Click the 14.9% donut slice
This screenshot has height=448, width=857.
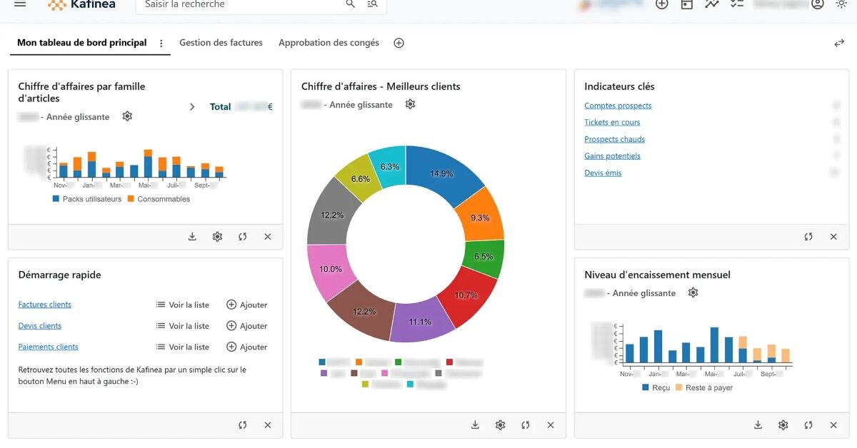pyautogui.click(x=441, y=173)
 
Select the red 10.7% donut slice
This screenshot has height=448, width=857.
pyautogui.click(x=466, y=295)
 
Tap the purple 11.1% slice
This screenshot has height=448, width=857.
pyautogui.click(x=420, y=322)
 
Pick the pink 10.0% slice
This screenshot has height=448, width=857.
pyautogui.click(x=331, y=269)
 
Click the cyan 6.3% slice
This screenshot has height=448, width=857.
pyautogui.click(x=390, y=166)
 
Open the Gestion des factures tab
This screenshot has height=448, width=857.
pyautogui.click(x=221, y=43)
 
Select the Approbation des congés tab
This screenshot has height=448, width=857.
pyautogui.click(x=329, y=43)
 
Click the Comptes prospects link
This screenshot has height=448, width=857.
pyautogui.click(x=618, y=106)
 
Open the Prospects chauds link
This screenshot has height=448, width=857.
pyautogui.click(x=614, y=139)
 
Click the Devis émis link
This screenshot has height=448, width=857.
pyautogui.click(x=603, y=173)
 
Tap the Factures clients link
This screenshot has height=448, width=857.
pyautogui.click(x=44, y=305)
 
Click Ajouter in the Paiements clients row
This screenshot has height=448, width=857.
pyautogui.click(x=246, y=347)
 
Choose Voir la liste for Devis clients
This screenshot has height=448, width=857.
pyautogui.click(x=183, y=326)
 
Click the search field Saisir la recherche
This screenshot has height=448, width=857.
pyautogui.click(x=243, y=4)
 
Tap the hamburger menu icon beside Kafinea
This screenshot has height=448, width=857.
pyautogui.click(x=20, y=4)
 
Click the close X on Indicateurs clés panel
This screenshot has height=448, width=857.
pyautogui.click(x=833, y=237)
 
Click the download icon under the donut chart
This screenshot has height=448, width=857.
pyautogui.click(x=475, y=425)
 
